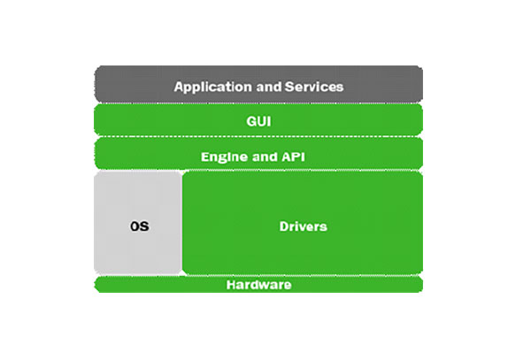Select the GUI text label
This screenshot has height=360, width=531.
tap(258, 120)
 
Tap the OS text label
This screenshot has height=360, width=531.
tap(139, 226)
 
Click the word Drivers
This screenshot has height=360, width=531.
tap(304, 226)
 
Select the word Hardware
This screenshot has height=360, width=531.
tap(258, 285)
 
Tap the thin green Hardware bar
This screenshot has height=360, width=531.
tap(354, 285)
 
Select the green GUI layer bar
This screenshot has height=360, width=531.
tap(354, 120)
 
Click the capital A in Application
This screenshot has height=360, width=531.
tap(179, 88)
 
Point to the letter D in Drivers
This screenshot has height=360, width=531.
tap(284, 226)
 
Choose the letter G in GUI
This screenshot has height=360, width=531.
tap(250, 120)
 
